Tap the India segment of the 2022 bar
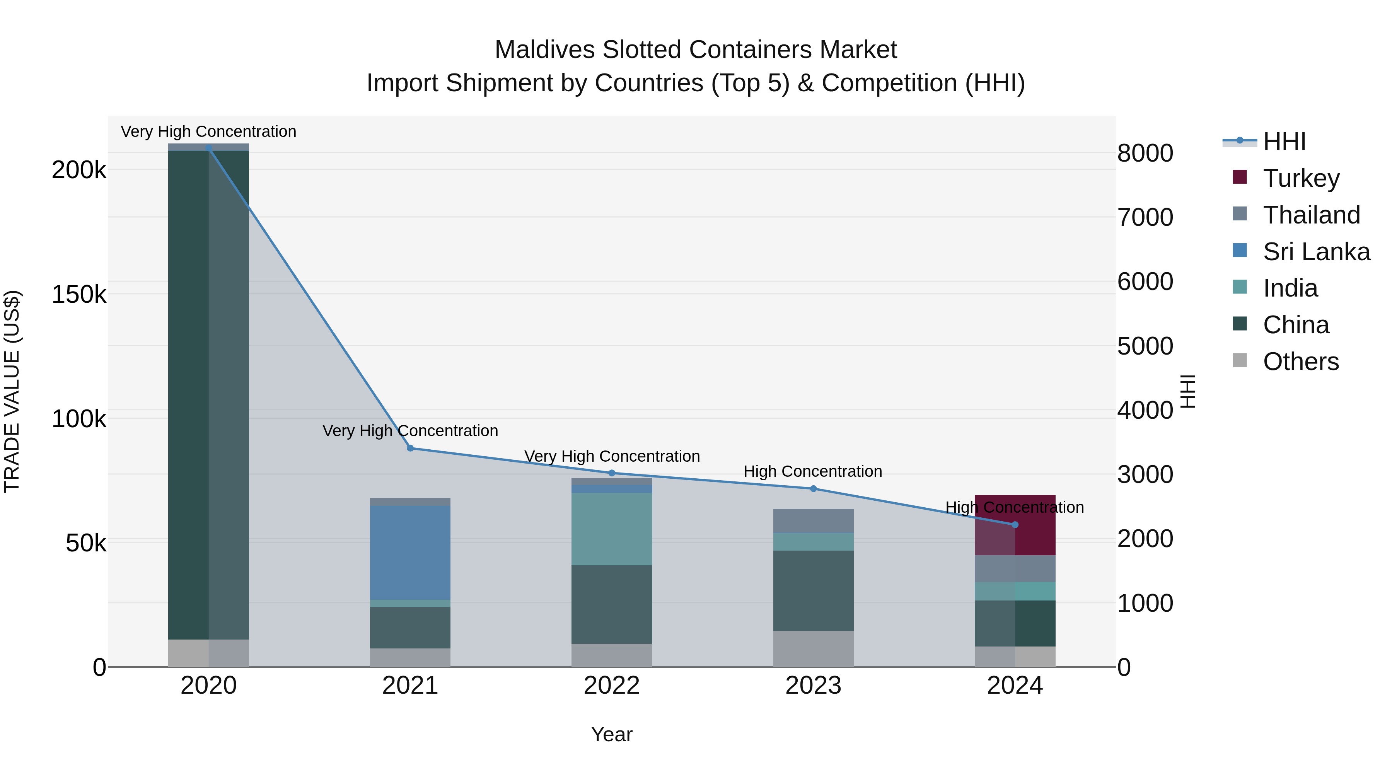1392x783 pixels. point(612,529)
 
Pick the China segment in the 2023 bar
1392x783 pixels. point(813,590)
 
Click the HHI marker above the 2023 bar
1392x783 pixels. point(813,488)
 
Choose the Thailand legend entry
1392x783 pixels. point(1311,215)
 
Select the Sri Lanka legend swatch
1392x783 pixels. point(1240,251)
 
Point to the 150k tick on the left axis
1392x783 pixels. point(79,295)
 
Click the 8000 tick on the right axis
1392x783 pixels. point(1145,154)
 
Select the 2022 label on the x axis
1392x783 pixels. point(612,686)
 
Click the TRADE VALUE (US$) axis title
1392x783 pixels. point(12,391)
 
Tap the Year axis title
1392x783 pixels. point(611,734)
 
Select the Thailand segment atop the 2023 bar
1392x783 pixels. point(813,520)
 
